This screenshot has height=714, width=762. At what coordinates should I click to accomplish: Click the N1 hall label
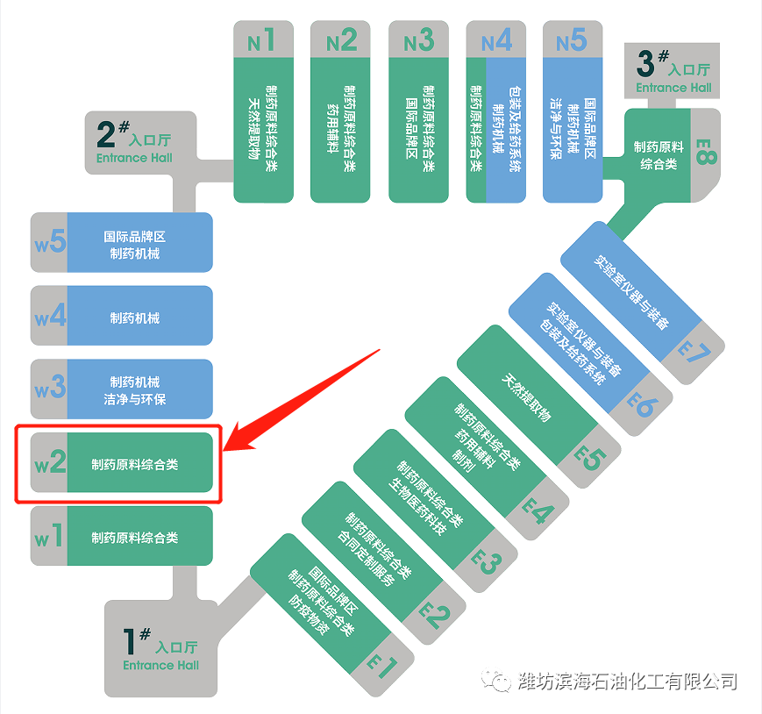pyautogui.click(x=261, y=40)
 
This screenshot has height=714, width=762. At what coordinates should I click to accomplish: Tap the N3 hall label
pyautogui.click(x=418, y=40)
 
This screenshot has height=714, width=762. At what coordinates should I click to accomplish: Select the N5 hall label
pyautogui.click(x=572, y=40)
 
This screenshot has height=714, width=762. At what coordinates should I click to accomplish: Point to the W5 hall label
pyautogui.click(x=50, y=242)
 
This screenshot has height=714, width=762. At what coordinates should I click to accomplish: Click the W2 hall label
pyautogui.click(x=50, y=462)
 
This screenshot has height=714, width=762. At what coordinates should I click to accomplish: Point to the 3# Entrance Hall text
pyautogui.click(x=673, y=75)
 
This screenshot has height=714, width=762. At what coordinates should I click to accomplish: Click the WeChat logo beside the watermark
pyautogui.click(x=501, y=682)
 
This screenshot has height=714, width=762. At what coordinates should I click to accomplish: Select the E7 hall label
pyautogui.click(x=697, y=353)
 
